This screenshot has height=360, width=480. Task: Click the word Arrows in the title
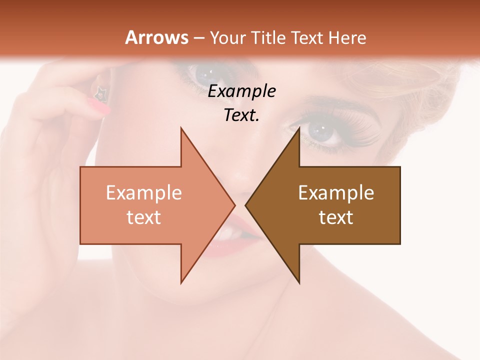156,37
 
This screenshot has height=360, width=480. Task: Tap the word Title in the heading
269,37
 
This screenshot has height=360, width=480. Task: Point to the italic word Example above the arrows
241,91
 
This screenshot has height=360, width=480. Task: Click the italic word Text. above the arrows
241,115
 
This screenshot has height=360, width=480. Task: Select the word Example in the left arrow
144,193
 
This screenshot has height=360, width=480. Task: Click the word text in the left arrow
144,217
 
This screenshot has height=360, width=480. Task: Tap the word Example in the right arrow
336,193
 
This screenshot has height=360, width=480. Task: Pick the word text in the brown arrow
336,217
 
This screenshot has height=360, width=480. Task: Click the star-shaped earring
101,92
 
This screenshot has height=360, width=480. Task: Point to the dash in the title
199,38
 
